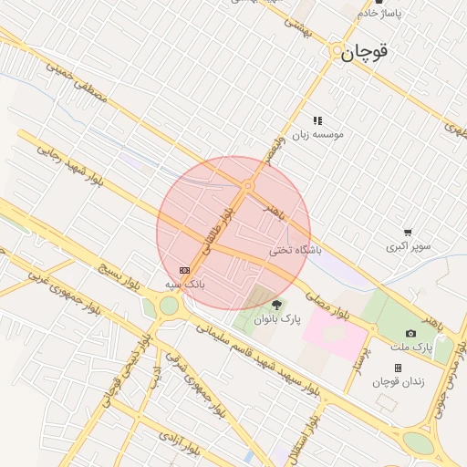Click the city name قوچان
[x=365, y=53]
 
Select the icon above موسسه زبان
[x=317, y=120]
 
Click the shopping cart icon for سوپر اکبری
[x=407, y=233]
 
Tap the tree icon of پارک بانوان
[x=277, y=304]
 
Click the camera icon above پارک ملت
[x=410, y=334]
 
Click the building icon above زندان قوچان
[x=398, y=368]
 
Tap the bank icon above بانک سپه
[x=185, y=271]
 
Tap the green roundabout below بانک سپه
[x=169, y=306]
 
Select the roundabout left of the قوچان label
[x=337, y=51]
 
